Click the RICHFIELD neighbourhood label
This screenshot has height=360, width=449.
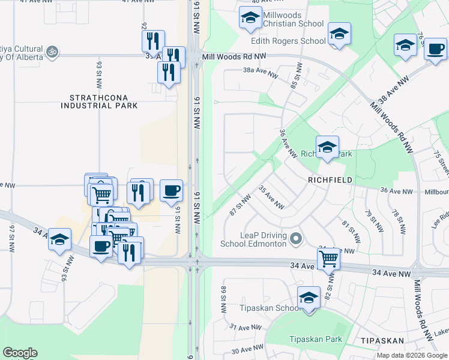(330, 179)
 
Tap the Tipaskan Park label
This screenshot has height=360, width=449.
(316, 339)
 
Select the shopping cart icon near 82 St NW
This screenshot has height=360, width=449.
(329, 259)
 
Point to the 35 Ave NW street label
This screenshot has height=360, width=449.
(271, 197)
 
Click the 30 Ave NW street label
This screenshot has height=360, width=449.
(248, 349)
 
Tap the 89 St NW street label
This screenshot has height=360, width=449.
(223, 301)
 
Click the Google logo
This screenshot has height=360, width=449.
(20, 353)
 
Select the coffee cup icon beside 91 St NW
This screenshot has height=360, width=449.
(171, 191)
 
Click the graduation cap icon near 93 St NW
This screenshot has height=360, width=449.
(59, 241)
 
